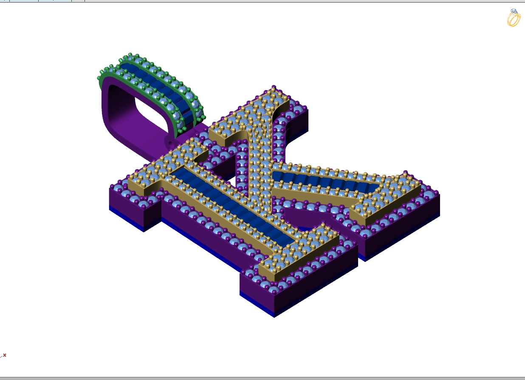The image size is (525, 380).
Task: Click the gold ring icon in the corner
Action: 514,18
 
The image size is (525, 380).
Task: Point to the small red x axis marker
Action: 4,355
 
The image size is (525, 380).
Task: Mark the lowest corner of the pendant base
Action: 274,317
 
